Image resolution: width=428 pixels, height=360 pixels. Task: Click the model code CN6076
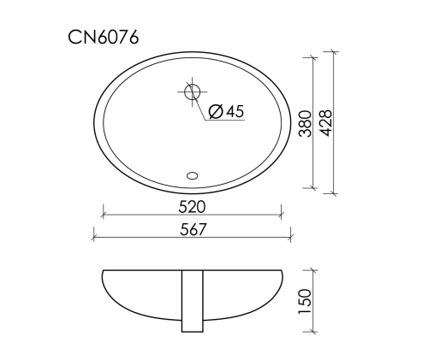point(104,37)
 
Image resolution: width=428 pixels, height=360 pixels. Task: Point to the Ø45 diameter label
point(226,111)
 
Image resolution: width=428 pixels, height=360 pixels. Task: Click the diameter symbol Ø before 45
point(216,111)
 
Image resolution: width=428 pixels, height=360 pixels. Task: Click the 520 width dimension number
point(192,207)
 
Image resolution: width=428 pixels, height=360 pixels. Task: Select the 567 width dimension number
point(192,229)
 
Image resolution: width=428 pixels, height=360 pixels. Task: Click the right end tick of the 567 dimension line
point(292,238)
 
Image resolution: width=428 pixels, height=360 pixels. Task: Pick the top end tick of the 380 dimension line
point(312,59)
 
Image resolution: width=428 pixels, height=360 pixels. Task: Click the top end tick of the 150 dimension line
point(312,271)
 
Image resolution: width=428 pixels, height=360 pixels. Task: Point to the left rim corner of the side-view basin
point(102,272)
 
